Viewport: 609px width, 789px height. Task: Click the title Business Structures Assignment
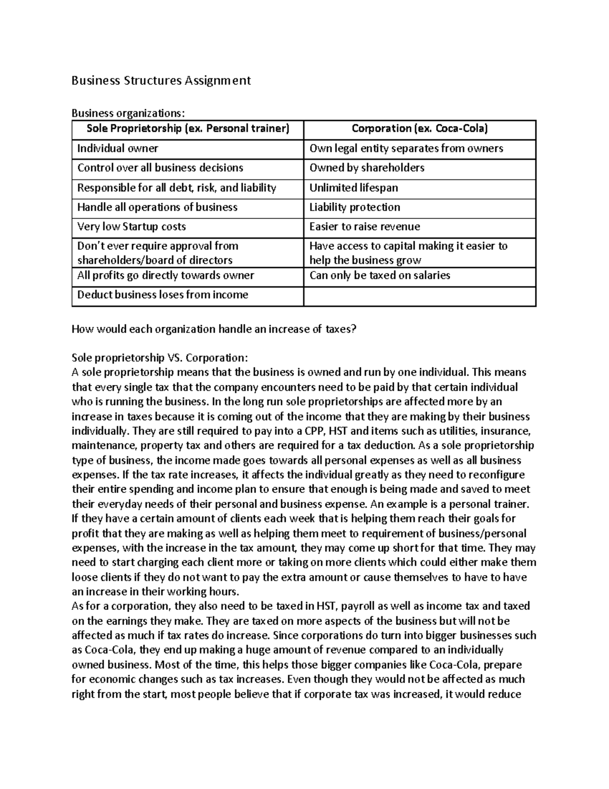coord(161,80)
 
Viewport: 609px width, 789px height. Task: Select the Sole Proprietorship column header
coord(187,129)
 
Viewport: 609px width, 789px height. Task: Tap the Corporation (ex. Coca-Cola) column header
coord(419,129)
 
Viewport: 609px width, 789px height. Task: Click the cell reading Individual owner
coord(118,148)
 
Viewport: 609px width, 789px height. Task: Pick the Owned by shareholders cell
coord(366,168)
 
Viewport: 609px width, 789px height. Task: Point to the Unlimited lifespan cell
coord(353,187)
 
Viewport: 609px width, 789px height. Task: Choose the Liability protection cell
coord(354,207)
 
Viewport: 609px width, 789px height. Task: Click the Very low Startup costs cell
coord(131,227)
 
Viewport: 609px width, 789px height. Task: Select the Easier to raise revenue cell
coord(364,227)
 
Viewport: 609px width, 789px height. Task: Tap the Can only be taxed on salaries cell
coord(380,275)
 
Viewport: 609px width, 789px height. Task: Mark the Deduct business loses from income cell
coord(162,295)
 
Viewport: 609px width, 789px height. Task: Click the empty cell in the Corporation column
coord(419,296)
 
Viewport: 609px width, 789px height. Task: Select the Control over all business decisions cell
coord(160,168)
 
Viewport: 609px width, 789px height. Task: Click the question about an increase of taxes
coord(214,329)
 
